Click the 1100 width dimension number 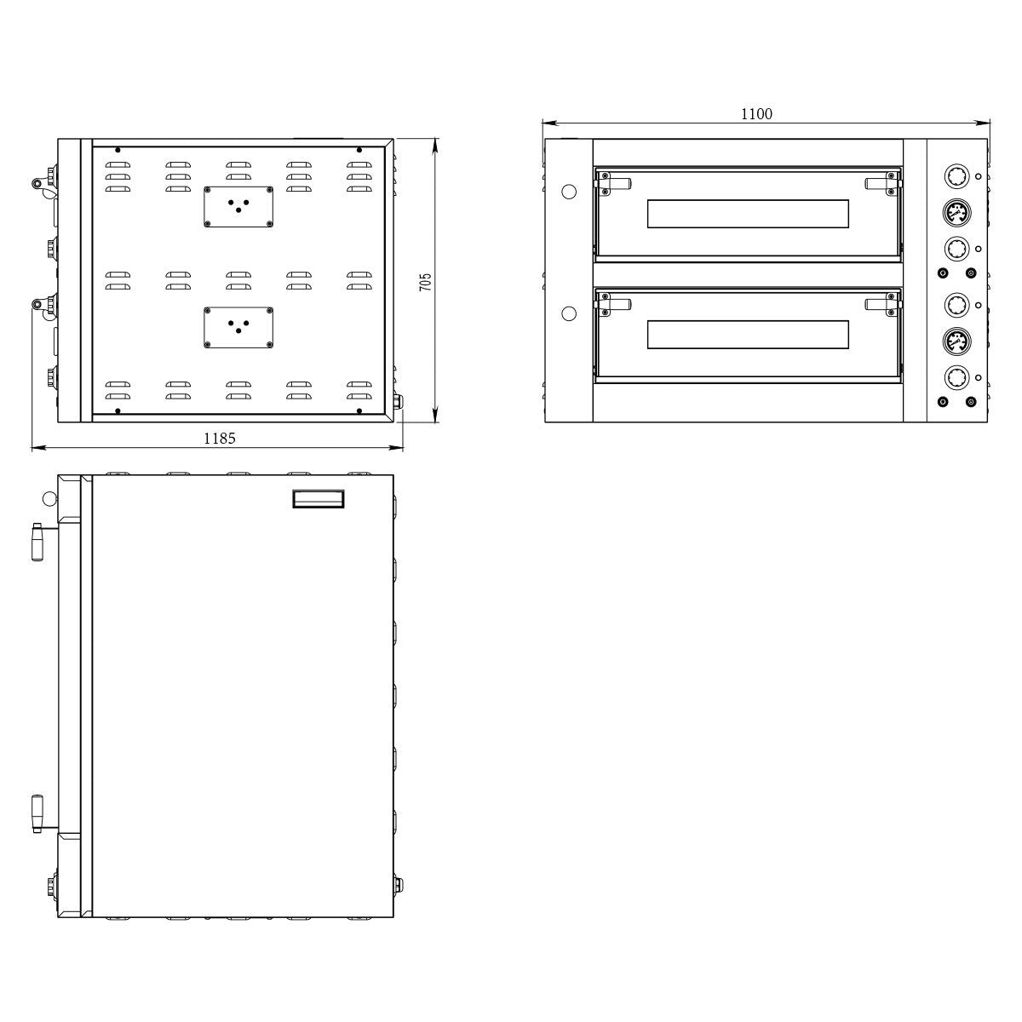tap(756, 114)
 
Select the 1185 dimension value tap(219, 438)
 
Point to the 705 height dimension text tap(426, 282)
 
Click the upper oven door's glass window tap(748, 214)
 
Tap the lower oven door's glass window tap(748, 335)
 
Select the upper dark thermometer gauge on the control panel tap(956, 212)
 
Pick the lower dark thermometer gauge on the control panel tap(956, 341)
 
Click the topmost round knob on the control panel tap(956, 176)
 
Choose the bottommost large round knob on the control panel tap(956, 376)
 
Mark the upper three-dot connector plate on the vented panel tap(238, 207)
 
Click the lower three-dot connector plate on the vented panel tap(238, 328)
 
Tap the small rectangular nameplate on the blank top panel tap(319, 498)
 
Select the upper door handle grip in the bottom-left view tap(37, 543)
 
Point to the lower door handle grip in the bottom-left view tap(37, 815)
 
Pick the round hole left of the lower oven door tap(570, 313)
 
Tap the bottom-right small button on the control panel tap(971, 402)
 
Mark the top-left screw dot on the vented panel tap(118, 151)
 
